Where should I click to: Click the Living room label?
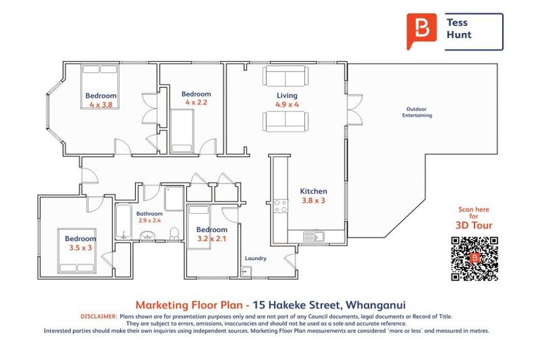point(286,96)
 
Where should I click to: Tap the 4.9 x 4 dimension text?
point(287,105)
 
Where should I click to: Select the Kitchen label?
point(313,191)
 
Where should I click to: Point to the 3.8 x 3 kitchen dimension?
point(313,200)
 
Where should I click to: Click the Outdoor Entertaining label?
point(417,112)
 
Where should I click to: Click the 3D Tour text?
point(473,226)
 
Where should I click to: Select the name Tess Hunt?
point(458,29)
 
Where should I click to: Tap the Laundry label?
point(255,258)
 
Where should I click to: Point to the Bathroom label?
point(149,214)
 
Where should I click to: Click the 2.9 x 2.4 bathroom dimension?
point(149,221)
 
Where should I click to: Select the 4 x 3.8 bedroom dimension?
point(101,105)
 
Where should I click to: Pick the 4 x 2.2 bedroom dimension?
point(196,103)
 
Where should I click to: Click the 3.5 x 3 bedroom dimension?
point(80,247)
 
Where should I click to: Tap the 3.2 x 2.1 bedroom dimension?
point(212,238)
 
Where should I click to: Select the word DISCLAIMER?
point(98,317)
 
